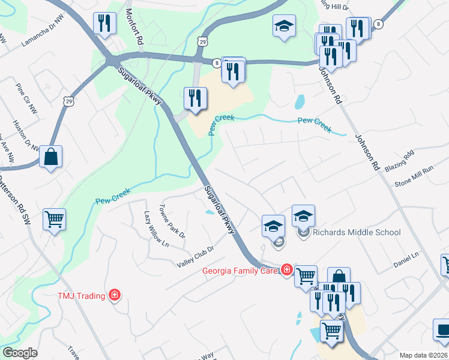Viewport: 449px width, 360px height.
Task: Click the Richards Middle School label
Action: [348, 232]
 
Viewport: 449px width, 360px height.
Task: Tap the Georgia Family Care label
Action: [240, 270]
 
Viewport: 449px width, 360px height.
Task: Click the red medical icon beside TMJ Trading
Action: [114, 295]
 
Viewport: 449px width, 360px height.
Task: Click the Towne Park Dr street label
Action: [172, 220]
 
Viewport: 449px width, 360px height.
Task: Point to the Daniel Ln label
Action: [406, 259]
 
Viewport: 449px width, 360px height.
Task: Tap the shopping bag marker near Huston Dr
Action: [51, 157]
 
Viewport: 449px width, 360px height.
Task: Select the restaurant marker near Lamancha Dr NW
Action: [105, 24]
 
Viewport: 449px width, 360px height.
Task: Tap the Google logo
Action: [19, 353]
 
